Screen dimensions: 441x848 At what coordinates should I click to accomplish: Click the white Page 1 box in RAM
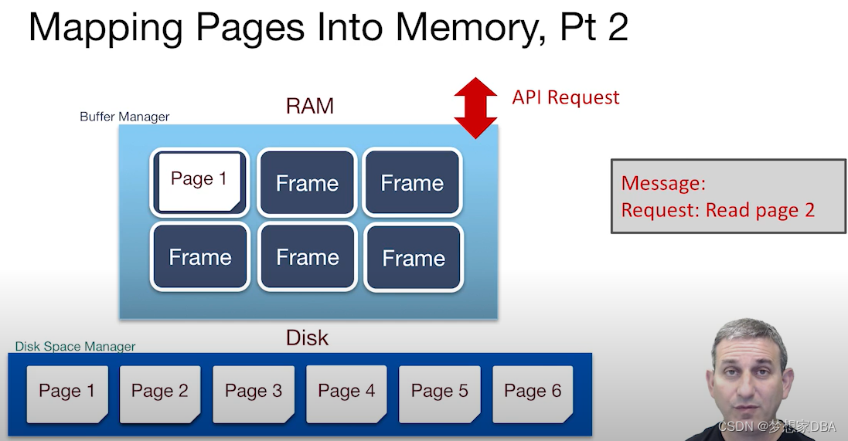pos(199,181)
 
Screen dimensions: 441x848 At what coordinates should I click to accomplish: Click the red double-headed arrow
pos(475,107)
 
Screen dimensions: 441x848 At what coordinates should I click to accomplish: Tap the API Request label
pos(566,97)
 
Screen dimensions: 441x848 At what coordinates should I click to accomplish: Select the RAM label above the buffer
pos(310,106)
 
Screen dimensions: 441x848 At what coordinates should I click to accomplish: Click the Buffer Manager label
pos(124,117)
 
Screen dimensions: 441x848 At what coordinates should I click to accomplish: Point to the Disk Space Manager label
pos(76,347)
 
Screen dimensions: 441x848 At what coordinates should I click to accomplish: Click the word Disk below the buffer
pos(307,338)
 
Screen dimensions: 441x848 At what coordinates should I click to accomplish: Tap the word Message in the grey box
pos(663,183)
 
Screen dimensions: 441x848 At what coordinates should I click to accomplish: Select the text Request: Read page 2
pos(717,210)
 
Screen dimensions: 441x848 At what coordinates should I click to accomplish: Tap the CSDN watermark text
pos(777,426)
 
